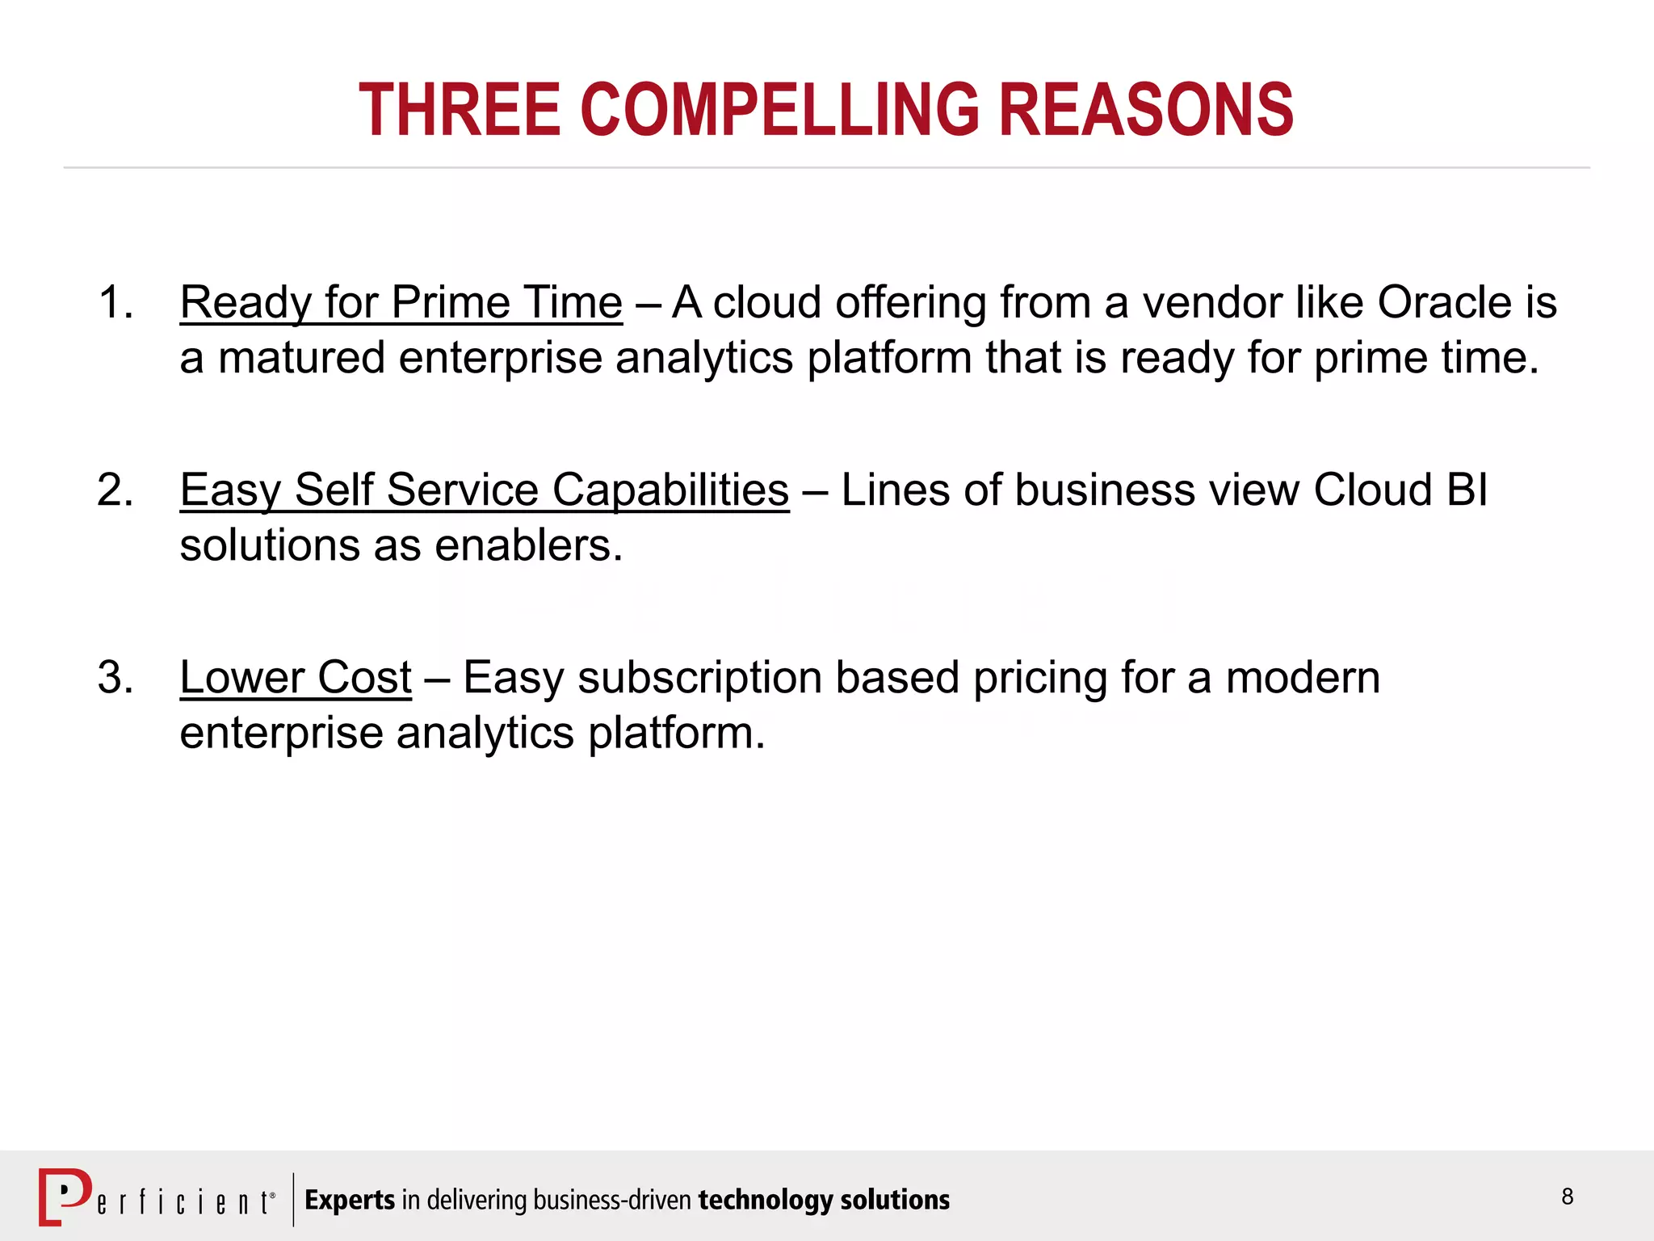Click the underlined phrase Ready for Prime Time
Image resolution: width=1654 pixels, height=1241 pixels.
click(401, 303)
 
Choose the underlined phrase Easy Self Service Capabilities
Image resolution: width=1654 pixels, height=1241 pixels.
click(485, 490)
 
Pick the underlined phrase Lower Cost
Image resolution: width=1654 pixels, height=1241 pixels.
click(296, 678)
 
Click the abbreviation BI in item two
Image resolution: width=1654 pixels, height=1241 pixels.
click(1467, 490)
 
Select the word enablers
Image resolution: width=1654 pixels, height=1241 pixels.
click(528, 545)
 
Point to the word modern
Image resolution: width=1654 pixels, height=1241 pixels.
click(1303, 678)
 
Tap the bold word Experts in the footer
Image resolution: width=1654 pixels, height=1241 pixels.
click(350, 1200)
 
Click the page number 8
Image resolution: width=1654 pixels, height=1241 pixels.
click(1568, 1197)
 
